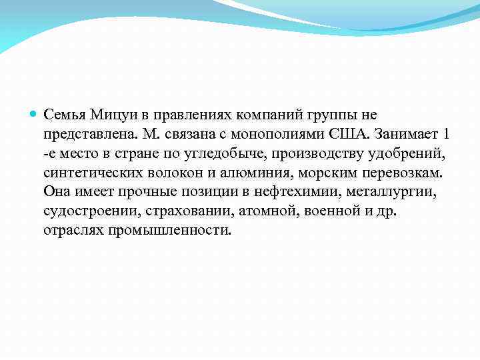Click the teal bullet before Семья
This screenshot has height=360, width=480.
(35, 115)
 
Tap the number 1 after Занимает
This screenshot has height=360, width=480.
(445, 134)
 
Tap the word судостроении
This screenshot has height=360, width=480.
(84, 211)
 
